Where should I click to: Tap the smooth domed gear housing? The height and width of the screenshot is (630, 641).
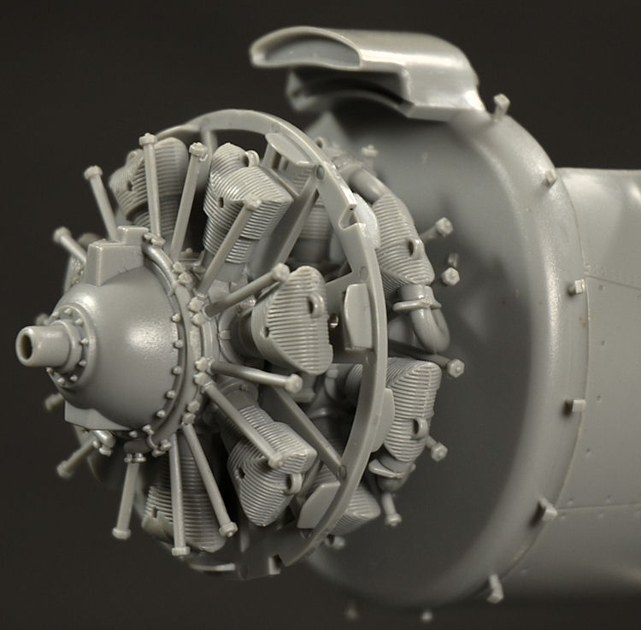[128, 342]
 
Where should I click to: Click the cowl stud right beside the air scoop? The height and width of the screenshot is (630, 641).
[500, 105]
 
